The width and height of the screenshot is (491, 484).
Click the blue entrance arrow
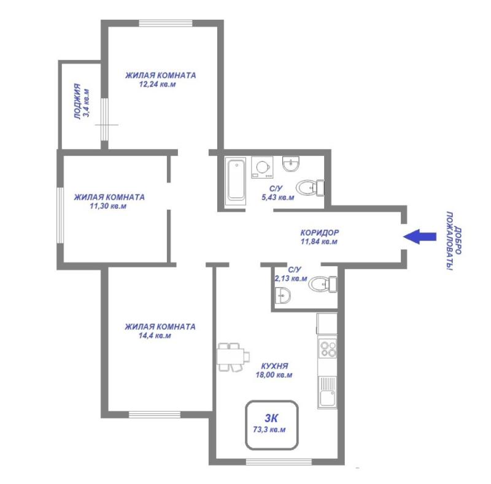coord(419,236)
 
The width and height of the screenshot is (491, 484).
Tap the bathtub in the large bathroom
coord(236,180)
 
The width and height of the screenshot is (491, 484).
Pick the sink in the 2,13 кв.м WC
coord(284,297)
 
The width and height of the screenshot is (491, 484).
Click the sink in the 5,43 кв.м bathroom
coord(291,164)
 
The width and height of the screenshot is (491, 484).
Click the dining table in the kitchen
coord(233,356)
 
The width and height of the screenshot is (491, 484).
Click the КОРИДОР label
coord(320,233)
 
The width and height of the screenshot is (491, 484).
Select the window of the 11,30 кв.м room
coord(60,215)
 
